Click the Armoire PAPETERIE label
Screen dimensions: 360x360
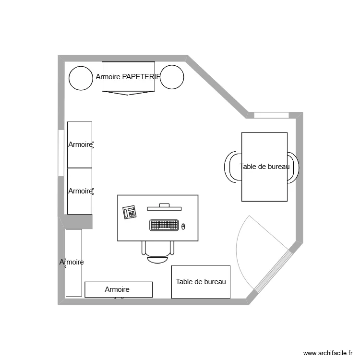(x=128, y=77)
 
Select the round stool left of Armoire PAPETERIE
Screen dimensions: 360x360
(x=80, y=78)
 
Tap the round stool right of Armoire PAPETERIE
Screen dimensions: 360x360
(x=172, y=77)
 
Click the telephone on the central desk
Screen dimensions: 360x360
(x=130, y=212)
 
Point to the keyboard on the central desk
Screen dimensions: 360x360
(x=164, y=225)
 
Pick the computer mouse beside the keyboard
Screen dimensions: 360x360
(x=183, y=226)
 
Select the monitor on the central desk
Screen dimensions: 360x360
(x=164, y=207)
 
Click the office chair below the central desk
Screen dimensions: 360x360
(x=158, y=252)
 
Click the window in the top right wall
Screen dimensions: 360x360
(x=271, y=115)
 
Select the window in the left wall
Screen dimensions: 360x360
(x=61, y=153)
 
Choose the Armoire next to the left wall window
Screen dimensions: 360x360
(x=80, y=144)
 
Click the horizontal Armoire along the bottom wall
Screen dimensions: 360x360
(x=119, y=289)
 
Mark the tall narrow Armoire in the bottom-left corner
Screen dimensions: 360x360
(x=73, y=263)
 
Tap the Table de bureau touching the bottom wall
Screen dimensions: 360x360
(x=201, y=282)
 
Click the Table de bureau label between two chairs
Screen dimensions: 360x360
(x=264, y=167)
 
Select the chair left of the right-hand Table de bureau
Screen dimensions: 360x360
(x=233, y=167)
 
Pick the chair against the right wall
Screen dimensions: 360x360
(x=293, y=167)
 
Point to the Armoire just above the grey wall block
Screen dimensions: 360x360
(x=80, y=191)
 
